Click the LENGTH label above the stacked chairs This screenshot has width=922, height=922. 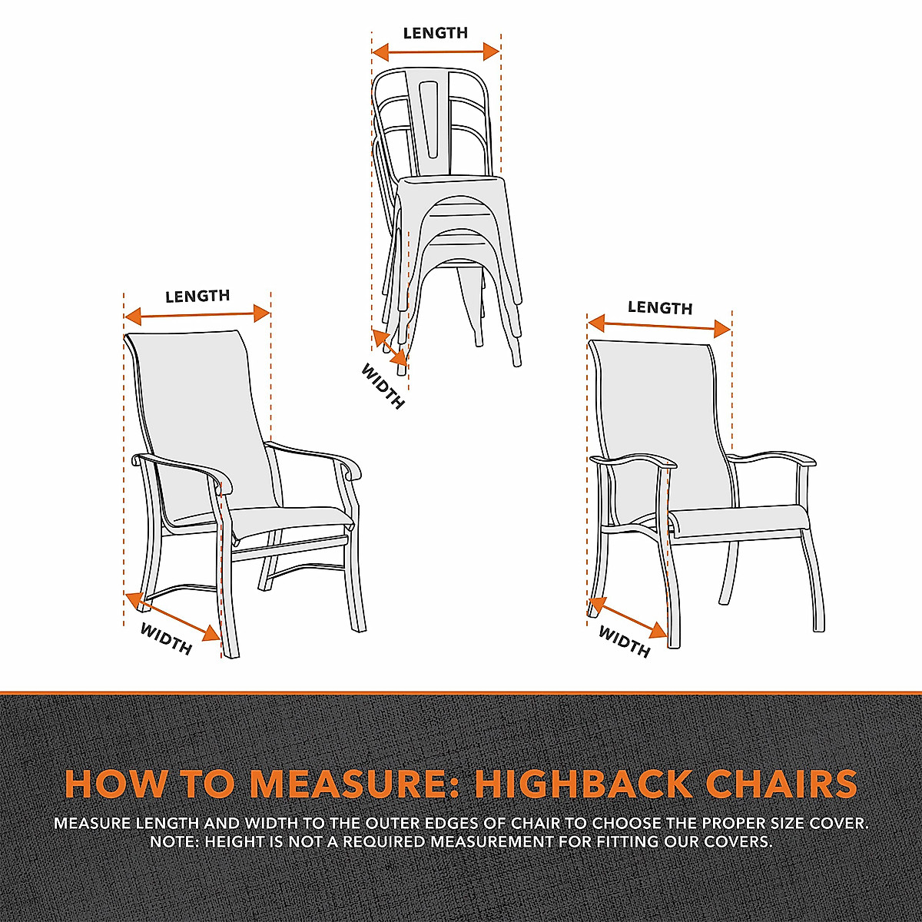(435, 33)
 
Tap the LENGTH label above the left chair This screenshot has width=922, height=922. (197, 296)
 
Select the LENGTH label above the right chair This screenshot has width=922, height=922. (660, 307)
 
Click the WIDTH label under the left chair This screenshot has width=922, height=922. (166, 638)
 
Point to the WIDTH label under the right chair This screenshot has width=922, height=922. (624, 642)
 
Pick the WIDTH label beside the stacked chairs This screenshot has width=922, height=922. (383, 386)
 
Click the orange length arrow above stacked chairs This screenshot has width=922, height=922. (436, 52)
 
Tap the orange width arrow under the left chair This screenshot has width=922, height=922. (172, 616)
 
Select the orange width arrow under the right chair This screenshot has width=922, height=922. (628, 618)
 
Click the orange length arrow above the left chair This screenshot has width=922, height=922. (197, 313)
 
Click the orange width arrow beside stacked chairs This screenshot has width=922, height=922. (390, 346)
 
